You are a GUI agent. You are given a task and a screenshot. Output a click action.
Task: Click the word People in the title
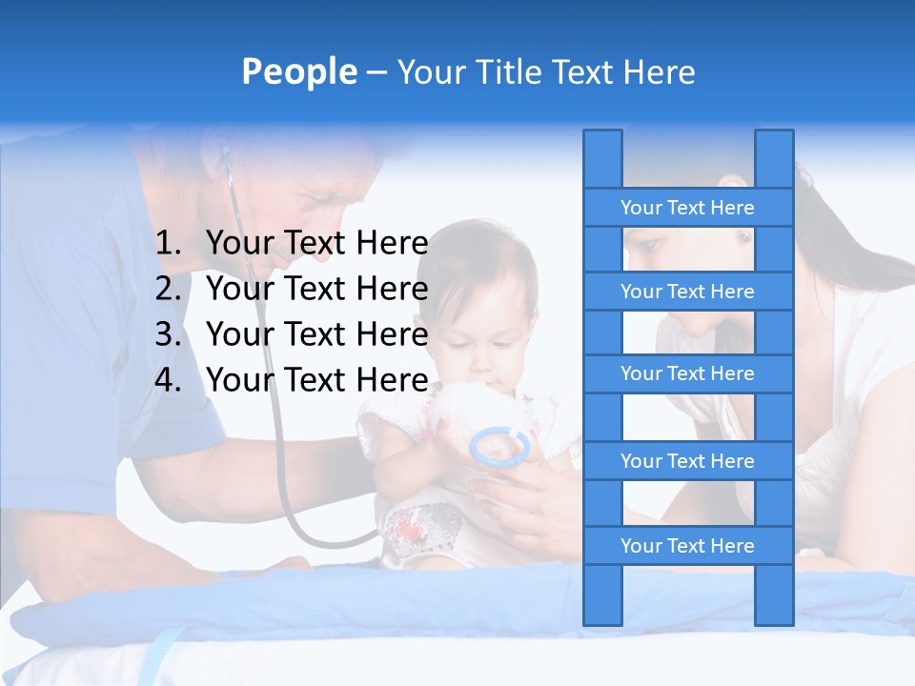click(299, 71)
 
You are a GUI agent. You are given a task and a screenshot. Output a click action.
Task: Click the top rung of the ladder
click(687, 208)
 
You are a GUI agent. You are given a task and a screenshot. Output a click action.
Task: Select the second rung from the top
click(687, 292)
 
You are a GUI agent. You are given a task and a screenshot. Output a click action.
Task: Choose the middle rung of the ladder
click(687, 373)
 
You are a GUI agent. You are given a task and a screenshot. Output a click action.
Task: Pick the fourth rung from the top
click(687, 461)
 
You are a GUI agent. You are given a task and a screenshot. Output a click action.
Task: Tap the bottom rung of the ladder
click(687, 546)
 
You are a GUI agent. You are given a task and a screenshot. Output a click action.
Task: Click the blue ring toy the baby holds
click(499, 446)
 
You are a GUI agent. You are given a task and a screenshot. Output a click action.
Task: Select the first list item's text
click(316, 244)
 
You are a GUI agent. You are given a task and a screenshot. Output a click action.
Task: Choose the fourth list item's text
click(316, 380)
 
